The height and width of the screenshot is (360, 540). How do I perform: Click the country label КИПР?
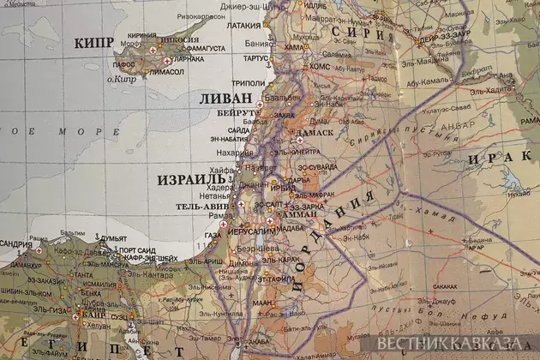click(x=95, y=43)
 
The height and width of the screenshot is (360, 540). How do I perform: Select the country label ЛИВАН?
click(x=225, y=99)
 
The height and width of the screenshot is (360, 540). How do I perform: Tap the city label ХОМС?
click(x=318, y=65)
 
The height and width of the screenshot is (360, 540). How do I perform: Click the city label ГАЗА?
click(x=213, y=234)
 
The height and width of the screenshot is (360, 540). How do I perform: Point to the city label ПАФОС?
click(x=125, y=63)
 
